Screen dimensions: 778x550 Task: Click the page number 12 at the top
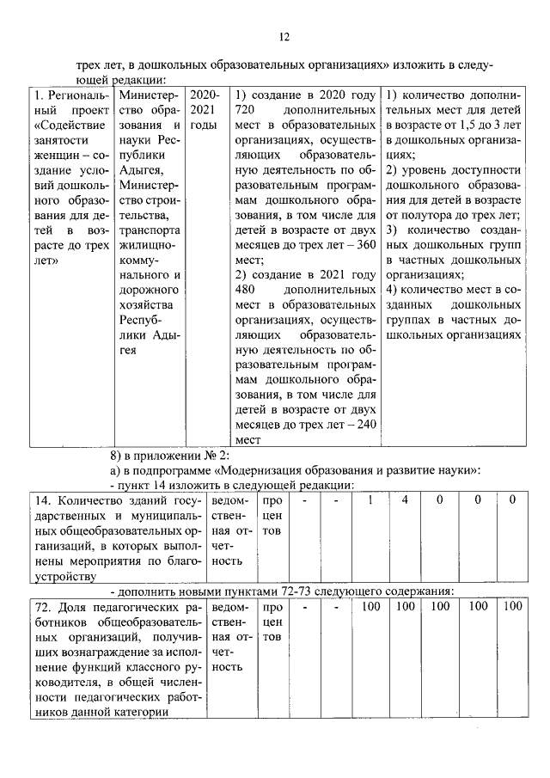pyautogui.click(x=284, y=36)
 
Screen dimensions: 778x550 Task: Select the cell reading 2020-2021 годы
pyautogui.click(x=205, y=109)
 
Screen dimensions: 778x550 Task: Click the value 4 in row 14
pyautogui.click(x=403, y=500)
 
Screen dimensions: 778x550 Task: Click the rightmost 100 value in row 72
pyautogui.click(x=512, y=608)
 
